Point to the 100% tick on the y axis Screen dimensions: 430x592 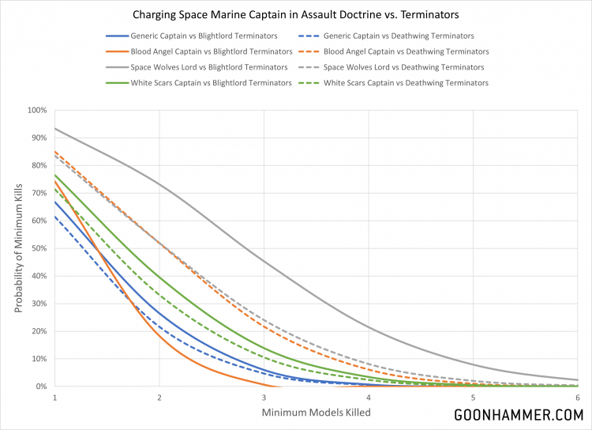pyautogui.click(x=37, y=110)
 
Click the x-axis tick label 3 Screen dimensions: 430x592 pyautogui.click(x=264, y=397)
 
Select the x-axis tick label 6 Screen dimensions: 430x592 pyautogui.click(x=578, y=397)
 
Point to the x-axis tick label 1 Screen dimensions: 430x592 pyautogui.click(x=54, y=397)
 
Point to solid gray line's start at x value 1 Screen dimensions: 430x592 pyautogui.click(x=54, y=128)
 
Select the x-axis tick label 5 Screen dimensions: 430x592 pyautogui.click(x=473, y=397)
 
